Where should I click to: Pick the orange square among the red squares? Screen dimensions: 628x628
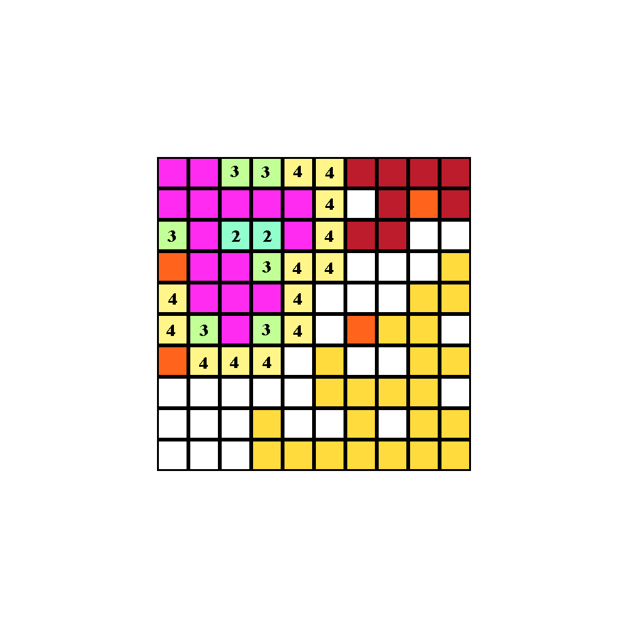(x=424, y=204)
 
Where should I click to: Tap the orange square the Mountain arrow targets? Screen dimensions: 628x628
(x=173, y=267)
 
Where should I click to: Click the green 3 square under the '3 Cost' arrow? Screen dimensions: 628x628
(x=267, y=173)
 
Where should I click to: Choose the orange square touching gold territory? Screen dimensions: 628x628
(x=361, y=330)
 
